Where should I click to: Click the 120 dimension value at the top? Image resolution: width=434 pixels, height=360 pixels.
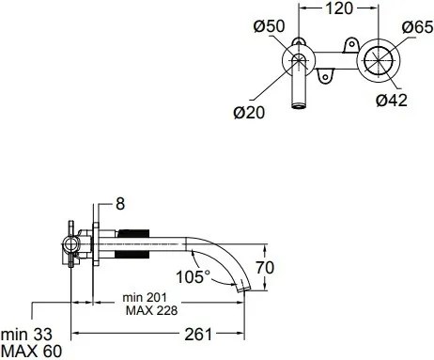(x=339, y=8)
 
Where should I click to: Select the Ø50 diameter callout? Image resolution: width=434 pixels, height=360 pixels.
(x=269, y=26)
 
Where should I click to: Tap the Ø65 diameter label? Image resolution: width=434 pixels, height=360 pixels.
(x=417, y=27)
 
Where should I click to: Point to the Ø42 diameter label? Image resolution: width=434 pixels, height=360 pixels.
(x=392, y=101)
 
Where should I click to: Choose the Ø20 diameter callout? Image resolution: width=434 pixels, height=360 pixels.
(x=249, y=113)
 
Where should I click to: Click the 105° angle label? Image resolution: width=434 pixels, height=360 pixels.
(x=194, y=276)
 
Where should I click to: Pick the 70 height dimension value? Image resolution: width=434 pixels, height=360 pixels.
(x=265, y=267)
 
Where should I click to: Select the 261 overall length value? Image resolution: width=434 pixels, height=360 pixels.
(x=198, y=335)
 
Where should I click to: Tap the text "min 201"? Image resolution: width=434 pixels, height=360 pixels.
(x=145, y=297)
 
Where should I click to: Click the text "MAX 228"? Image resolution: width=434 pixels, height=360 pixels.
(x=151, y=310)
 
